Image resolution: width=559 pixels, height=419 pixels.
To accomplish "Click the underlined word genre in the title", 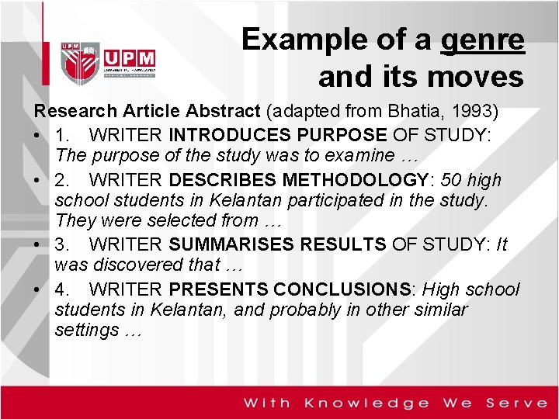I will [481, 40].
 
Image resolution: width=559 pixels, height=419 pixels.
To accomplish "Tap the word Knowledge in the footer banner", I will [366, 403].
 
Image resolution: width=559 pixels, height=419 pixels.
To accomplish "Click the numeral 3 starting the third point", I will [61, 244].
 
